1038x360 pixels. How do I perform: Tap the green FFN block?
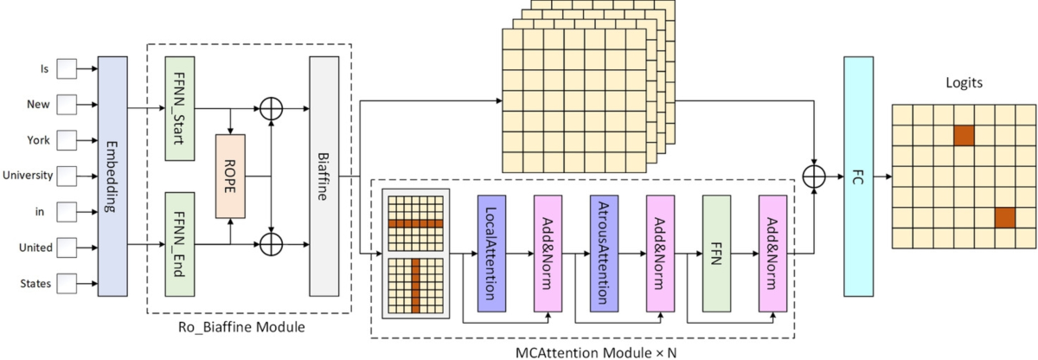point(715,253)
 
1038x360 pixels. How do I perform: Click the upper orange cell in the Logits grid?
point(963,135)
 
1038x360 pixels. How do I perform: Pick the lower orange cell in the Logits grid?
point(1004,217)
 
